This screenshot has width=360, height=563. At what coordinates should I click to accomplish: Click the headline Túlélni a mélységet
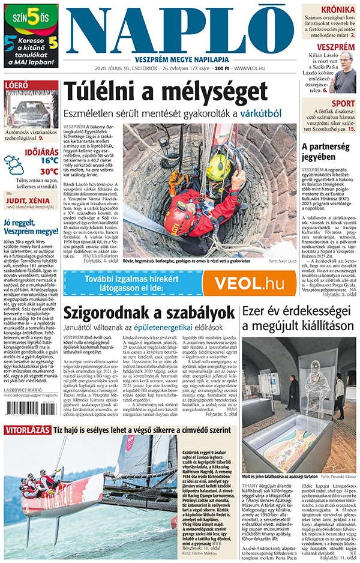[165, 92]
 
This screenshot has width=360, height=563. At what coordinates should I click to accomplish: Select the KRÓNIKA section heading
[338, 10]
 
